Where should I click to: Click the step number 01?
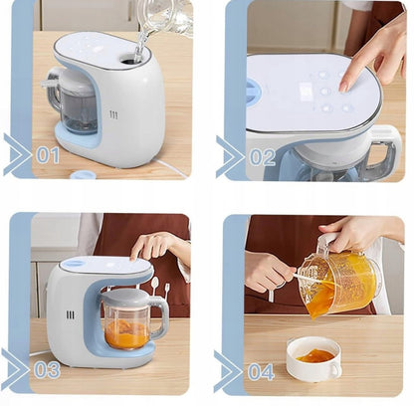point(48,155)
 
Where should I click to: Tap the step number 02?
point(263,157)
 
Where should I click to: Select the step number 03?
point(47,370)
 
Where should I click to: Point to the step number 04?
point(261,372)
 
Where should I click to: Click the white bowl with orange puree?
point(313,359)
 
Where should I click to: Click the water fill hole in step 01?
point(131,59)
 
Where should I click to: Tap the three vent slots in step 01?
point(113,115)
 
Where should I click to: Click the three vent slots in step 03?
point(70,314)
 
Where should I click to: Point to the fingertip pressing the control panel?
point(343,87)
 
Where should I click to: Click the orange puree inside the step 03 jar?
point(126,333)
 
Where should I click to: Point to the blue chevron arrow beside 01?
point(18,154)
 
